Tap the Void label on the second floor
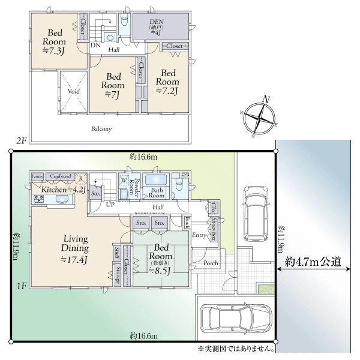point(74,91)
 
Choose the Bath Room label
point(157,192)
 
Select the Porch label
point(211,263)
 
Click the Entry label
point(199,236)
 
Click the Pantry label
point(37,176)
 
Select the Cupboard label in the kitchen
point(61,176)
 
